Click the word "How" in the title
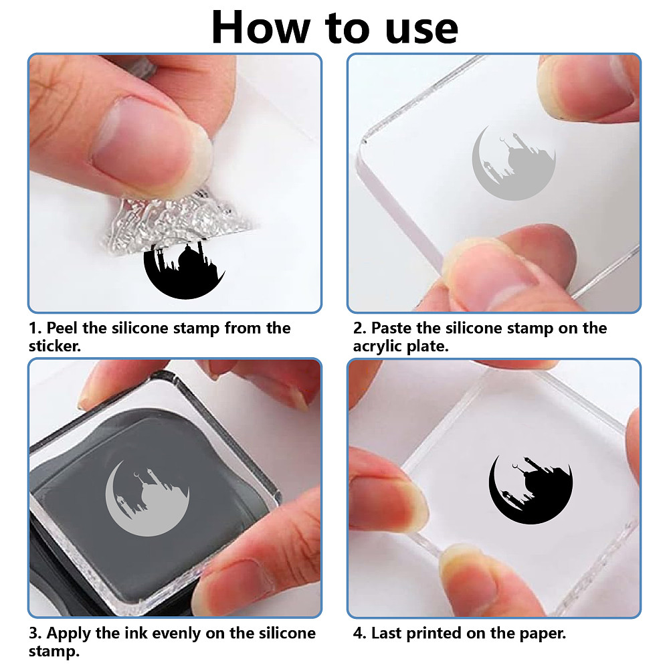261,27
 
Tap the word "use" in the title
421,30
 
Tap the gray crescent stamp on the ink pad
147,498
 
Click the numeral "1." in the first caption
35,328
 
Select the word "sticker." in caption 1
55,346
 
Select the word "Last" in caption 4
387,633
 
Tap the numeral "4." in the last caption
360,634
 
